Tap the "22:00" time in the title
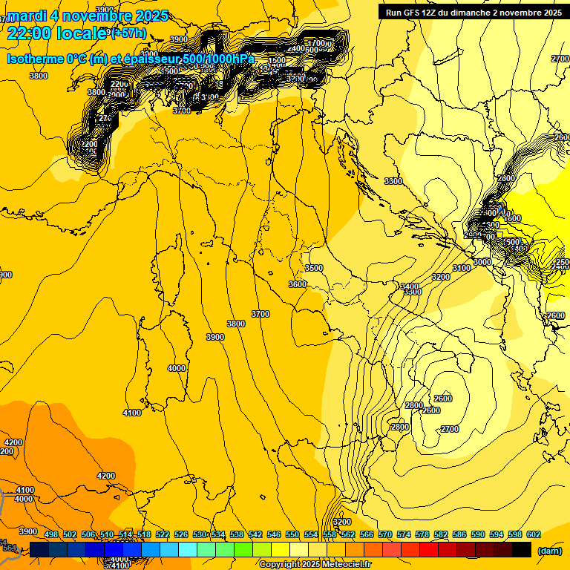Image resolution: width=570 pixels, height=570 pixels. click(30, 33)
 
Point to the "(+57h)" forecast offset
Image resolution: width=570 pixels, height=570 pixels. click(128, 33)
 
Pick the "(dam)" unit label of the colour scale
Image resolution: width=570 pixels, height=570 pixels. click(548, 551)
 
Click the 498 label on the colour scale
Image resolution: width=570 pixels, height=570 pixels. click(51, 534)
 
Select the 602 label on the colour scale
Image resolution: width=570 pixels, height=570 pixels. click(534, 534)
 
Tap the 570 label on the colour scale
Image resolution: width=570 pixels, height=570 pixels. click(385, 534)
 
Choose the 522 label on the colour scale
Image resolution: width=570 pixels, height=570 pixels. click(163, 534)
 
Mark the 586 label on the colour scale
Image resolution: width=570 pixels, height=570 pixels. click(459, 534)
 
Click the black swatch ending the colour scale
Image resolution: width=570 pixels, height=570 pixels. click(522, 549)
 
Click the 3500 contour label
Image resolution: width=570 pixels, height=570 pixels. click(314, 268)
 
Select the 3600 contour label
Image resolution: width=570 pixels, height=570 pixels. click(298, 284)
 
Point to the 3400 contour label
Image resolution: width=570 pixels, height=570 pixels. click(410, 286)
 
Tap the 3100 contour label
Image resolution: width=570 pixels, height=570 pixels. click(462, 268)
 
